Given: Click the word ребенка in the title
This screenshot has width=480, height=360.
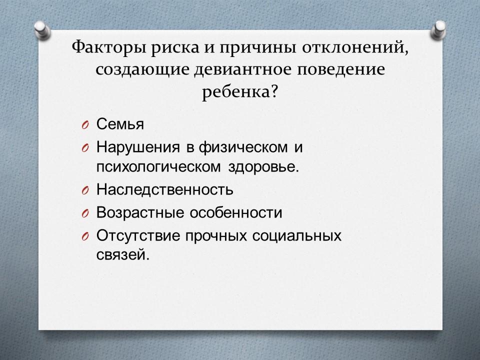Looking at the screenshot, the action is (235, 91).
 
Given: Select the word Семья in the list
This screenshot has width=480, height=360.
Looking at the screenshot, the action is (120, 124).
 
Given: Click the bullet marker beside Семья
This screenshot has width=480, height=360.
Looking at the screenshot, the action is (85, 125).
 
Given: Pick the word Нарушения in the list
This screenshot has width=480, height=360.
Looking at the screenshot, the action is (138, 147).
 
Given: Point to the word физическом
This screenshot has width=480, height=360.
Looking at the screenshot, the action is (243, 147).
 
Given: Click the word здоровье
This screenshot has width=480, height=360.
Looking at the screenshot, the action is (263, 167).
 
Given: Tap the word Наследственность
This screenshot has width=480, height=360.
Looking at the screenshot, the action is (165, 189).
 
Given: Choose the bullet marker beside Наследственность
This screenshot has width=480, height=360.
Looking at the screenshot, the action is (85, 190).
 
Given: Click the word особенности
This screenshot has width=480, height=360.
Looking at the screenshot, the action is (235, 212).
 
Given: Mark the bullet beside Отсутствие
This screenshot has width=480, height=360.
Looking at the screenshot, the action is (85, 236).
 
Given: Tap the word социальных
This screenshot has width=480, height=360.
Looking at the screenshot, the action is (297, 235).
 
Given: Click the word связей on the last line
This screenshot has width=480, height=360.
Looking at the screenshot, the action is (123, 254).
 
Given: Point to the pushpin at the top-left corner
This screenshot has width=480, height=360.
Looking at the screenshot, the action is (42, 29).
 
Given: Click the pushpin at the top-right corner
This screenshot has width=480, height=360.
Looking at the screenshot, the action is (438, 29).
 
